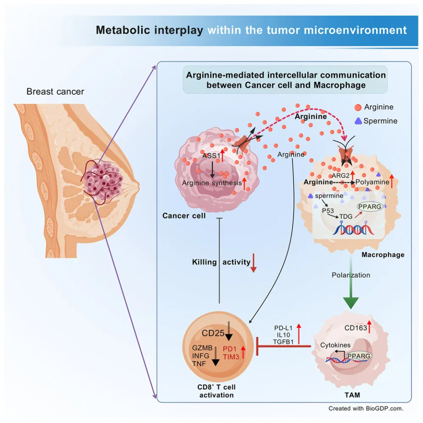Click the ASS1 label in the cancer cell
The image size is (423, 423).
click(211, 156)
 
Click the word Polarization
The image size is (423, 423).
click(351, 275)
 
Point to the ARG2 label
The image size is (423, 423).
click(341, 175)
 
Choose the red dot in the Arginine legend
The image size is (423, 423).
click(358, 107)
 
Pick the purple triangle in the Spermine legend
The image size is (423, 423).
click(358, 120)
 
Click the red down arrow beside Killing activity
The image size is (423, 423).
click(253, 263)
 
